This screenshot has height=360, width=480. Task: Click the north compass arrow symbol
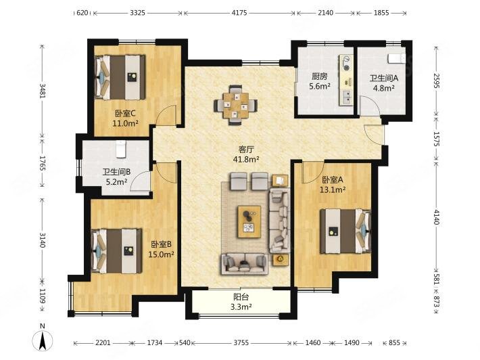coord(43,340)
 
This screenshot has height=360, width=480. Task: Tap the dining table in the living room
coord(236,105)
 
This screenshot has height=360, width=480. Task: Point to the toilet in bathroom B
coord(121,149)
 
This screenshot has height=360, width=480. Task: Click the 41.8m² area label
coord(247,159)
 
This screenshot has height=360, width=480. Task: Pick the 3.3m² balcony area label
coord(241,307)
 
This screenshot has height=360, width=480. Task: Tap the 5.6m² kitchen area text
coord(320,86)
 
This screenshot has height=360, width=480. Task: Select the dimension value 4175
coord(239,13)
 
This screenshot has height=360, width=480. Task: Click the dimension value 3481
coord(43,91)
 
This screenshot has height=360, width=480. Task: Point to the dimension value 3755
coord(241,343)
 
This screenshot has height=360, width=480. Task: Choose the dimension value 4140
coord(437,217)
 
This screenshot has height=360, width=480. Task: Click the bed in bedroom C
coord(120,77)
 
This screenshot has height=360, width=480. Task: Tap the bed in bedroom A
coord(345,231)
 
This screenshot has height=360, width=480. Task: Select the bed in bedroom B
coord(117,251)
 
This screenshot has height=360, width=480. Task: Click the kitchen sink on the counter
coord(347,97)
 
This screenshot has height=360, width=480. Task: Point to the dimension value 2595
coord(437,81)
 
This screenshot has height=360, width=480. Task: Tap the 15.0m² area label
coord(162,254)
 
